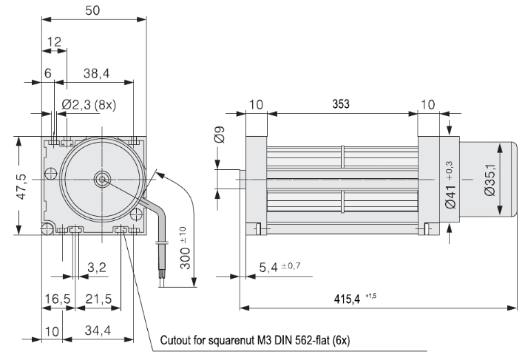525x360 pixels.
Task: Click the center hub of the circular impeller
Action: click(101, 178)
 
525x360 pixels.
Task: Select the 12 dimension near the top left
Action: click(55, 41)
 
